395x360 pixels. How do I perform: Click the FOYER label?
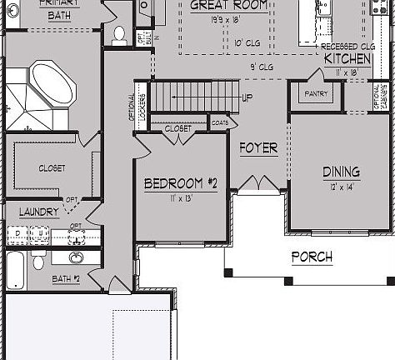[x=257, y=148]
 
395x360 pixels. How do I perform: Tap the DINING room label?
[x=341, y=172]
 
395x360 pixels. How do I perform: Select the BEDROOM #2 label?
[x=180, y=183]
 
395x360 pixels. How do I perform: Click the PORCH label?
[x=311, y=257]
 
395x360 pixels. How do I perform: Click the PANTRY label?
[x=316, y=94]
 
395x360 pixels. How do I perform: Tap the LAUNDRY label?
[x=39, y=212]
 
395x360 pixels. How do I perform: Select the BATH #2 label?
[x=67, y=278]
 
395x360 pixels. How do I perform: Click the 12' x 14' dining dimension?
[x=340, y=187]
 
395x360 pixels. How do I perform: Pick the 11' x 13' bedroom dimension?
[x=180, y=198]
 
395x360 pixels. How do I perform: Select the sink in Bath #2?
[x=77, y=257]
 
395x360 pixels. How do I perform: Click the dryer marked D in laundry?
[x=18, y=233]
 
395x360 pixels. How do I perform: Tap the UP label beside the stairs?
[x=247, y=97]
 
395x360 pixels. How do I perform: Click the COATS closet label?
[x=219, y=122]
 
